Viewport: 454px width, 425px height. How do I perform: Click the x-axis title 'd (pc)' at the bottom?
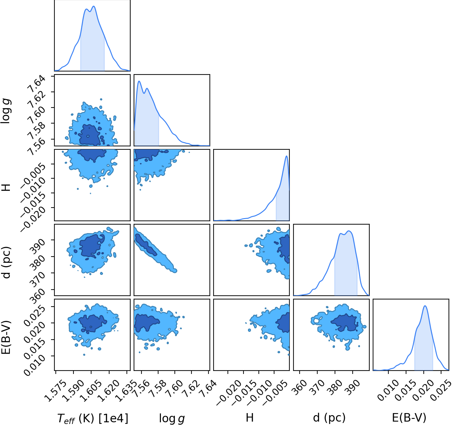[329, 418]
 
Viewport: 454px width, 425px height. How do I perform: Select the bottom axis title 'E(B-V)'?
[409, 418]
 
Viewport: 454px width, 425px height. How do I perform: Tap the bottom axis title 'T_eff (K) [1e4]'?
[93, 419]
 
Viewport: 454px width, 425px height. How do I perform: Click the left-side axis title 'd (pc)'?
[6, 263]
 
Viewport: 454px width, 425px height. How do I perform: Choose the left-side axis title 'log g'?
[6, 111]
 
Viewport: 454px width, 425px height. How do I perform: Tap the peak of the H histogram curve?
[286, 156]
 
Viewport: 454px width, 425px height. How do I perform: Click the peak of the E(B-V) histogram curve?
[425, 306]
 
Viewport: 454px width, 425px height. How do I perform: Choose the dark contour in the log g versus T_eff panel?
[89, 135]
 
